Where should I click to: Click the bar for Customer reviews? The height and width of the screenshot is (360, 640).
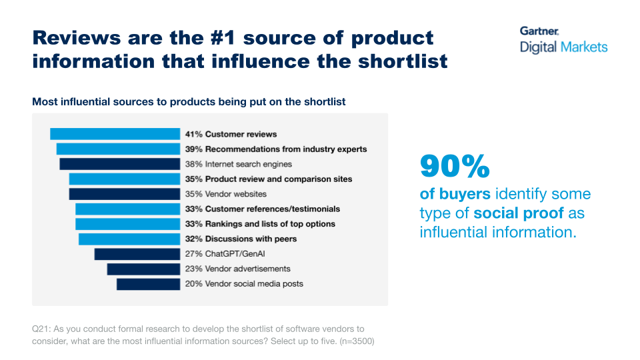tap(115, 134)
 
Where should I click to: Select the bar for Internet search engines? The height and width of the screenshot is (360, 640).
tap(119, 164)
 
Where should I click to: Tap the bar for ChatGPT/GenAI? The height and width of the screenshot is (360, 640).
tap(137, 254)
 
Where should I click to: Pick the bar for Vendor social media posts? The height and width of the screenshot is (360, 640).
tap(148, 284)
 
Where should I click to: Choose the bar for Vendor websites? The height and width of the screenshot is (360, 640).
tap(124, 194)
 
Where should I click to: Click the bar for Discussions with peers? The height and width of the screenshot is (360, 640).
tap(129, 239)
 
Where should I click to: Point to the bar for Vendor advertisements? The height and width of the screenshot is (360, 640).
tap(143, 269)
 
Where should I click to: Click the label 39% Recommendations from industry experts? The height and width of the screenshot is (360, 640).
tap(276, 149)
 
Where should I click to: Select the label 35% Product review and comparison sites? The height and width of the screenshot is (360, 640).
tap(269, 179)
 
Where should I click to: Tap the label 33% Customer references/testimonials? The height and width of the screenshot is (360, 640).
tap(263, 209)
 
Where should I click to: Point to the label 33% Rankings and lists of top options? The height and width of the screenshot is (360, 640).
tap(260, 224)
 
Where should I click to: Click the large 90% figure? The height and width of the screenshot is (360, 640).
tap(455, 167)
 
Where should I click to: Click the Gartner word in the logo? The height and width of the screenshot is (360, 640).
tap(539, 31)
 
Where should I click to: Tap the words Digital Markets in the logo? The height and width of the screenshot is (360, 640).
tap(563, 47)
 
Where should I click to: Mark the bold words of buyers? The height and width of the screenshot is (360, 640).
tap(455, 194)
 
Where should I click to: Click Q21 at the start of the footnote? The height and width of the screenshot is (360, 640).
tap(40, 329)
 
